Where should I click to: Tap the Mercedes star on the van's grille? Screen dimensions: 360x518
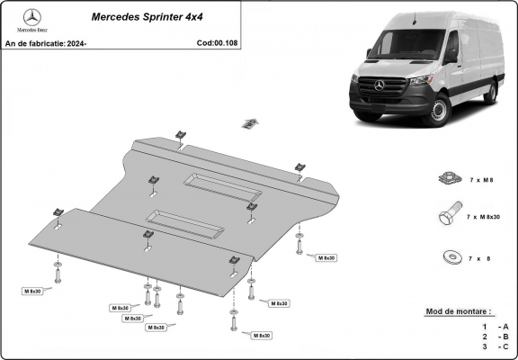(379, 85)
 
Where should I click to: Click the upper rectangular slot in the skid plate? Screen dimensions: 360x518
(223, 187)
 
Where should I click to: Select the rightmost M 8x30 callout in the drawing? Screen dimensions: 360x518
(326, 258)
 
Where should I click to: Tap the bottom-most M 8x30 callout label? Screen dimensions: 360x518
(261, 335)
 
